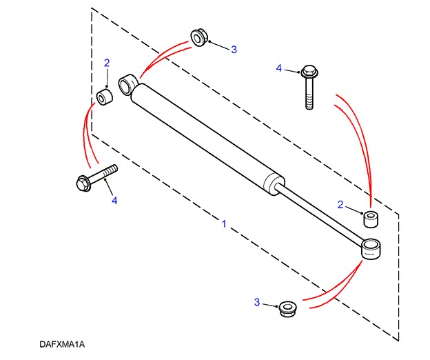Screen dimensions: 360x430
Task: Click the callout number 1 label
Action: coord(224,224)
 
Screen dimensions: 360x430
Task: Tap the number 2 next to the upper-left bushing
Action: coord(107,63)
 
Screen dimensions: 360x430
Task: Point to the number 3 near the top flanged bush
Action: coord(234,49)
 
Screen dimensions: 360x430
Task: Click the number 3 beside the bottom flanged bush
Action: coord(257,302)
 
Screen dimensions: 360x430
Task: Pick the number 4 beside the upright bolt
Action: coord(279,68)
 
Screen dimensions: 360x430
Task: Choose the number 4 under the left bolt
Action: coord(115,201)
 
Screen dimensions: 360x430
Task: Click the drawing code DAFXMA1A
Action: coord(65,343)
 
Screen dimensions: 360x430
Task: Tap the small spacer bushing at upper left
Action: coord(105,97)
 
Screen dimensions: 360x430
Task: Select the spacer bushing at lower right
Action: coord(371,219)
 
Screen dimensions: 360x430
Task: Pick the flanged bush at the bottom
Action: coord(287,308)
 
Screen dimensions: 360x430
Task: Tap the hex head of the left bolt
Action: coord(83,183)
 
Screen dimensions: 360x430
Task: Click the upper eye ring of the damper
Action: coord(128,86)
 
